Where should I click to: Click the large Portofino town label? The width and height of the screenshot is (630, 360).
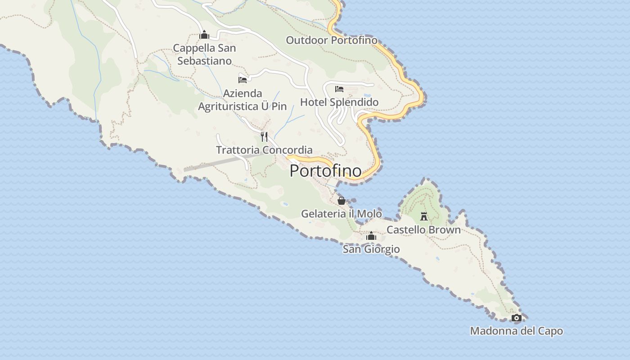pyautogui.click(x=325, y=171)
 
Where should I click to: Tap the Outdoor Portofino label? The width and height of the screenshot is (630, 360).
pyautogui.click(x=332, y=40)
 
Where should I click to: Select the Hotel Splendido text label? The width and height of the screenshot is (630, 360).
pyautogui.click(x=339, y=102)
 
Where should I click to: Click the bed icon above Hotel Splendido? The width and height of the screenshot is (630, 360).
pyautogui.click(x=339, y=89)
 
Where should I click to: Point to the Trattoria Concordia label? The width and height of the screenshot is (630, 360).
pyautogui.click(x=264, y=150)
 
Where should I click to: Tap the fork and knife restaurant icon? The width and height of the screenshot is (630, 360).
pyautogui.click(x=264, y=137)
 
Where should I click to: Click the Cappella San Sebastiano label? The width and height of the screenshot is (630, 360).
pyautogui.click(x=204, y=54)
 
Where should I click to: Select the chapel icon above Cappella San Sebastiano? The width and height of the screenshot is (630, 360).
pyautogui.click(x=204, y=35)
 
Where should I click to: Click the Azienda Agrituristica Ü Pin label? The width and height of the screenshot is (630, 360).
pyautogui.click(x=243, y=100)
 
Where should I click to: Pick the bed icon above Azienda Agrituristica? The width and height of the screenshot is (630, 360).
pyautogui.click(x=243, y=80)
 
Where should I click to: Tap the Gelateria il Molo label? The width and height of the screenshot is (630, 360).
pyautogui.click(x=341, y=214)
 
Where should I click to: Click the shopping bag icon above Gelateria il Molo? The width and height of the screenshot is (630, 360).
pyautogui.click(x=341, y=201)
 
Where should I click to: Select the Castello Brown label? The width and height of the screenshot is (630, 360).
pyautogui.click(x=423, y=230)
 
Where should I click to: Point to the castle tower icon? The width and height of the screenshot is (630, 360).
pyautogui.click(x=423, y=216)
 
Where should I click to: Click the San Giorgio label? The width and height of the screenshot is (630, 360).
pyautogui.click(x=371, y=249)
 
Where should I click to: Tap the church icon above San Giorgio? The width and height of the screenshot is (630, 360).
pyautogui.click(x=371, y=236)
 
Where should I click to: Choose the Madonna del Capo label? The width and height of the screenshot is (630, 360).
pyautogui.click(x=516, y=331)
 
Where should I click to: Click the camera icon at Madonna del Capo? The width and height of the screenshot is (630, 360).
pyautogui.click(x=516, y=318)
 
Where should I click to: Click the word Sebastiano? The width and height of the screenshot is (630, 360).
pyautogui.click(x=204, y=61)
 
